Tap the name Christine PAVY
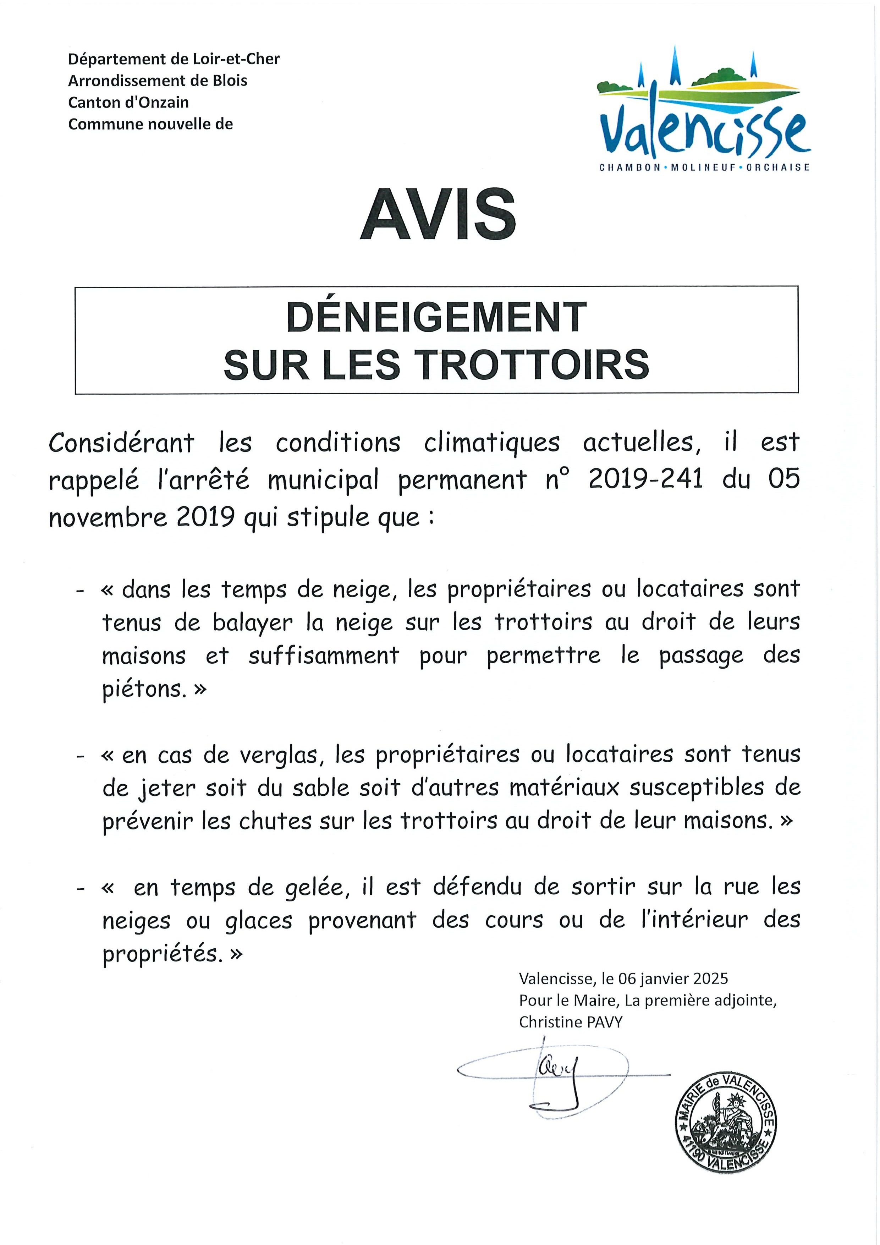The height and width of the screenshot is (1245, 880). coord(570,1022)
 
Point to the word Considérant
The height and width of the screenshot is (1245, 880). coord(121,443)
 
